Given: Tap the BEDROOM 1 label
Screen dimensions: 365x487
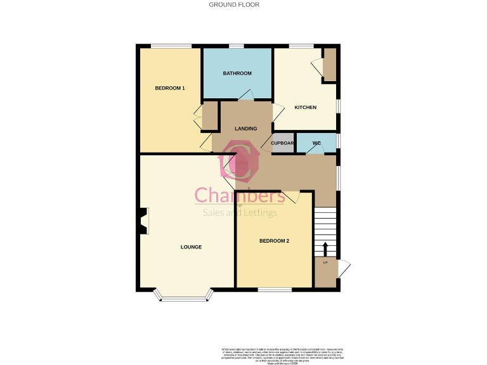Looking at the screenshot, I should [170, 88].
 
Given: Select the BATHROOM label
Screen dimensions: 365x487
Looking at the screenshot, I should [237, 74].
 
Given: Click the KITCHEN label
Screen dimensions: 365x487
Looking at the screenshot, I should [305, 107].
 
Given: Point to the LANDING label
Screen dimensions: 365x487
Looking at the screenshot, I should [246, 129].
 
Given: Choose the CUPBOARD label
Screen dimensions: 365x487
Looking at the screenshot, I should [283, 143].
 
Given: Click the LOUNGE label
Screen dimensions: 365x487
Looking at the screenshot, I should [191, 247].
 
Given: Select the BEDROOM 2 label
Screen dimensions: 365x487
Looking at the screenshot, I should [274, 241].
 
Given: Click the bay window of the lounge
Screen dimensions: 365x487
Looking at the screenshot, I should [184, 295].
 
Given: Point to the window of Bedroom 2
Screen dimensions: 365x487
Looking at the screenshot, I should [275, 290].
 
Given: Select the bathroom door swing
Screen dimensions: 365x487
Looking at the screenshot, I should [246, 95].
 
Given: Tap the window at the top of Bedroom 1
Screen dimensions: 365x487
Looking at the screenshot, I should [171, 46].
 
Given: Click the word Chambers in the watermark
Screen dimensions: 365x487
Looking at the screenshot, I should [230, 195].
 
